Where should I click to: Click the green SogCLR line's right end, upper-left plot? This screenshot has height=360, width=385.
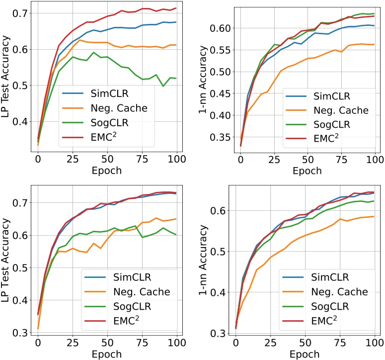pos(176,78)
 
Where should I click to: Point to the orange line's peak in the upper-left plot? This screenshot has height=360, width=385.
pos(79,40)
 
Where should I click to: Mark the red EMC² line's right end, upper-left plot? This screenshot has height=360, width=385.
pos(176,8)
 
